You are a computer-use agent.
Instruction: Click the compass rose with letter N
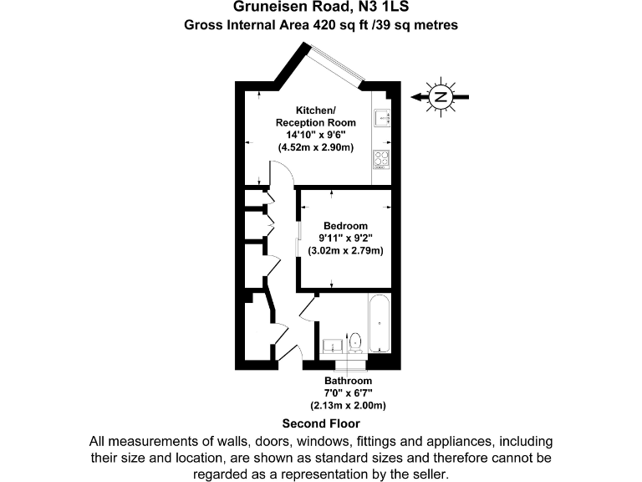click(x=441, y=97)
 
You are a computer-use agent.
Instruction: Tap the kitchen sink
click(x=383, y=118)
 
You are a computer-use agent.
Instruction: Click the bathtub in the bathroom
click(x=379, y=324)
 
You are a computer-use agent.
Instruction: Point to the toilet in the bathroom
click(x=355, y=341)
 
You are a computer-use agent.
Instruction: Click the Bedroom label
click(x=345, y=226)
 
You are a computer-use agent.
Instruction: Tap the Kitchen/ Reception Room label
click(x=316, y=116)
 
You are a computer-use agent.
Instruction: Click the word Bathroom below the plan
click(x=349, y=381)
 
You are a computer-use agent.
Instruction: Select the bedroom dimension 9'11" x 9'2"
click(x=345, y=238)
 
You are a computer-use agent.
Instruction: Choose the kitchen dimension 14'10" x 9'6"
click(x=316, y=135)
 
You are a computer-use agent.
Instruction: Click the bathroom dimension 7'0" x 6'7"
click(x=349, y=393)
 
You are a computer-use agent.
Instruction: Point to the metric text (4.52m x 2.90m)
click(x=316, y=147)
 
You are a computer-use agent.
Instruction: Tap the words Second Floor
click(x=321, y=423)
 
